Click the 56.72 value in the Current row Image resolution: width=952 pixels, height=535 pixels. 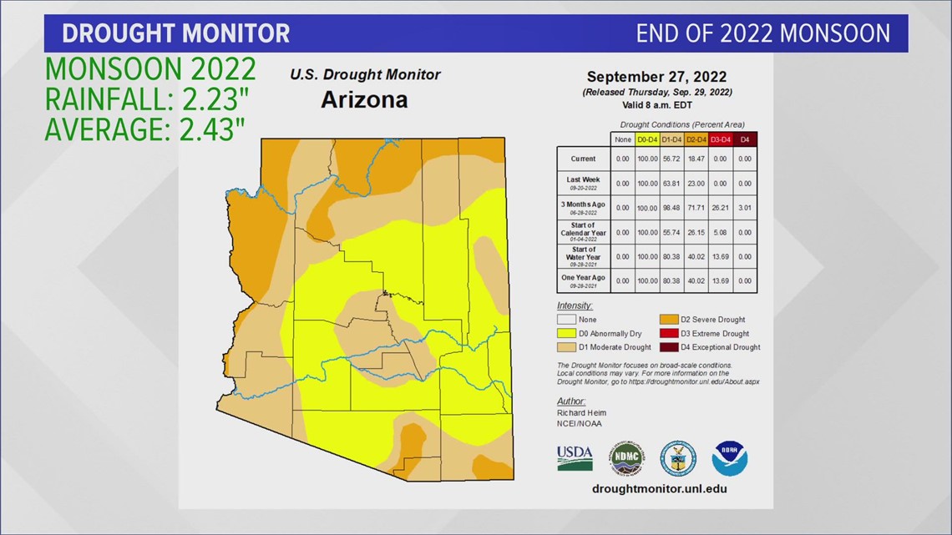pos(671,159)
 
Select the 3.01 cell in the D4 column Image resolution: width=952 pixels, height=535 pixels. pos(745,207)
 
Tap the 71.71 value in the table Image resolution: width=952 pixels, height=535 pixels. pos(695,207)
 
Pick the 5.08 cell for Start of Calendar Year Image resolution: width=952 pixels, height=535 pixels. pos(720,232)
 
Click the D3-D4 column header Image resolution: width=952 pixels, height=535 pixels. pos(720,139)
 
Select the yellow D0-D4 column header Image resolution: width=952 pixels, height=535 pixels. pos(646,139)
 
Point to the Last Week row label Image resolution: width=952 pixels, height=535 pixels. pos(584,183)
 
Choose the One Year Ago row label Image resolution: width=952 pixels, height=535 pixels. pos(584,280)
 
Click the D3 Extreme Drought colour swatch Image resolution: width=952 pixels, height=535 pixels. pos(670,333)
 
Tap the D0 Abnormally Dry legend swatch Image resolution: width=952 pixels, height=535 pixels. pos(566,333)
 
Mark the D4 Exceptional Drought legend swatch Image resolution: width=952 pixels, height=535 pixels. pos(670,347)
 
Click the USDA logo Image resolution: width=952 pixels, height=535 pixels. pos(575,458)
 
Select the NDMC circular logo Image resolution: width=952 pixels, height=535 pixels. pos(625,458)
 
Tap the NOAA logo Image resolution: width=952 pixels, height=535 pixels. pos(729,458)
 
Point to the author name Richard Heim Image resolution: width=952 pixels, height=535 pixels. pos(581,412)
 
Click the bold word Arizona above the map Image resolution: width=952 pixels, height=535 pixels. pos(365,100)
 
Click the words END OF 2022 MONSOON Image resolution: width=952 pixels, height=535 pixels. pos(762,33)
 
